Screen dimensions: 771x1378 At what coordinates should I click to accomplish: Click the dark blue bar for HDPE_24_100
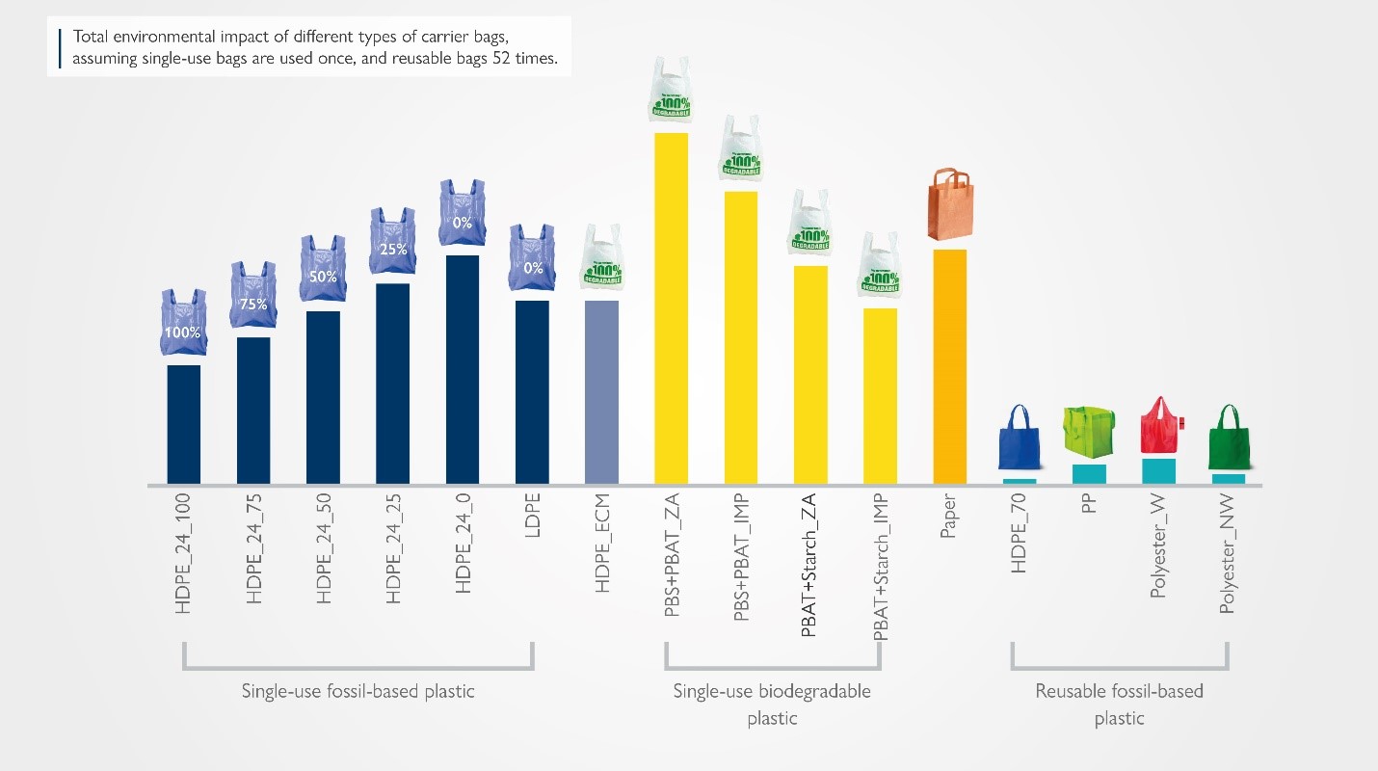184,424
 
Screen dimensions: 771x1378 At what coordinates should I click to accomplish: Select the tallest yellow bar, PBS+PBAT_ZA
671,308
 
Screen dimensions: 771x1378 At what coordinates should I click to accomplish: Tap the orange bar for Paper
949,366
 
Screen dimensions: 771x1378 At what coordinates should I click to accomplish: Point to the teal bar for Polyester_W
1158,471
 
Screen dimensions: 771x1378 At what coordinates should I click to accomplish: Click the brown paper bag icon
949,204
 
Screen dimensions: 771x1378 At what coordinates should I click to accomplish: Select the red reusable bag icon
1159,425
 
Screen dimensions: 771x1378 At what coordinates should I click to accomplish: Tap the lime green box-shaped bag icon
1089,431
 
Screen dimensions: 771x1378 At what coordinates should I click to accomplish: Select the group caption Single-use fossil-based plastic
358,691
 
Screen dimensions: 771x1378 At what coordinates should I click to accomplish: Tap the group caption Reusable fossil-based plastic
1119,704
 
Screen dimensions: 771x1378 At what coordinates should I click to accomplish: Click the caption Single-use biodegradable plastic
771,704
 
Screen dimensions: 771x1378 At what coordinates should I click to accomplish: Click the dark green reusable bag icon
1228,435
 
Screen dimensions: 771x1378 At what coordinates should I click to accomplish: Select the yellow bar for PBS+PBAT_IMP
740,337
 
